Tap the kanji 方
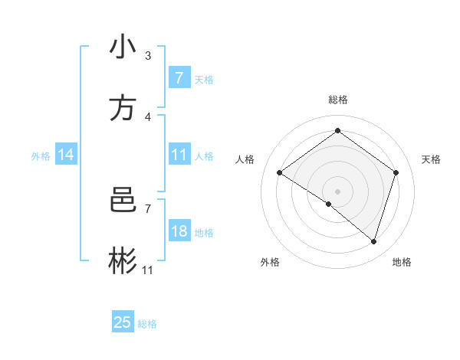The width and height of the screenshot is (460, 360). pos(123,108)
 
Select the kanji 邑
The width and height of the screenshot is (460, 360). pos(123,200)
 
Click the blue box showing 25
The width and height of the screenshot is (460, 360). pos(123,322)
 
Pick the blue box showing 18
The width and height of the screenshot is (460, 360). pos(179,231)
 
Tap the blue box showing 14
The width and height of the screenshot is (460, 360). pos(66,155)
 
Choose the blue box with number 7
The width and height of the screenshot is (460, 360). pos(179,78)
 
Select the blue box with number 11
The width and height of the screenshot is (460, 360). pos(179,155)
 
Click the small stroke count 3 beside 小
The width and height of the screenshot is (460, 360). pos(148,56)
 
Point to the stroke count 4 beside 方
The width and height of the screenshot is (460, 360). pos(148,117)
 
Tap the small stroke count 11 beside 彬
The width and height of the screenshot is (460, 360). pos(148,270)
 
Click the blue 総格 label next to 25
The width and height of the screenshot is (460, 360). pos(147,324)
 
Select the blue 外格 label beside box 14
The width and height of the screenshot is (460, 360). pos(41,156)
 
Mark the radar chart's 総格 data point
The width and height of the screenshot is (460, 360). pos(337,130)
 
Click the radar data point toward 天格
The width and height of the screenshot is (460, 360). pos(396,172)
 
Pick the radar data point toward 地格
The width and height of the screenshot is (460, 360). pos(373,241)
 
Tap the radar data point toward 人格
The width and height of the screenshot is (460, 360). pos(279,172)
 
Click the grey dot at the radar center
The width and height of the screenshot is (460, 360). pos(337,191)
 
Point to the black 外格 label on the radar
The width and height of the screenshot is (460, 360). pos(270,262)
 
